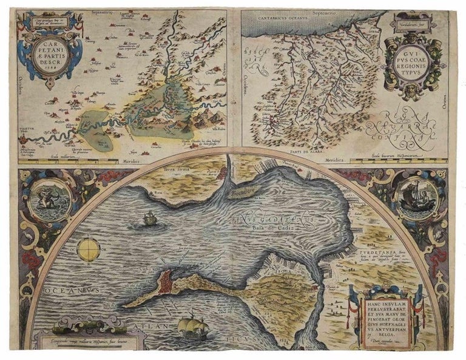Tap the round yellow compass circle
pyautogui.click(x=88, y=248)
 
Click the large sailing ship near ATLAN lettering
pyautogui.click(x=192, y=326)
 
